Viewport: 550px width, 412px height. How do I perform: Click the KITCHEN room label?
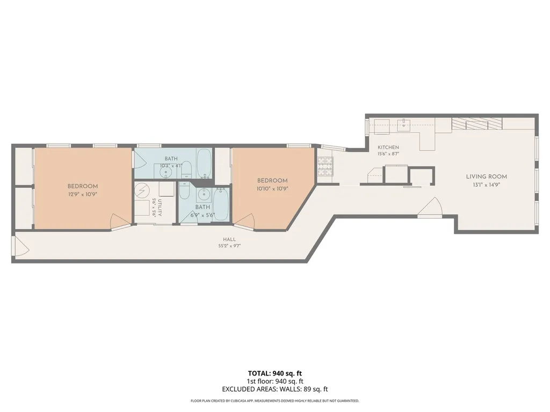tap(388, 148)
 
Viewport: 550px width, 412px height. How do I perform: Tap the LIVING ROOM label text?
tap(487, 176)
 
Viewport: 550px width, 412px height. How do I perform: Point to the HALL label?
tap(229, 240)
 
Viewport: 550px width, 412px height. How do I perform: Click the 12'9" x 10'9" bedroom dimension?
tap(83, 194)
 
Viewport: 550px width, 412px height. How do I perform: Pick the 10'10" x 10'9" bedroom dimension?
tap(272, 188)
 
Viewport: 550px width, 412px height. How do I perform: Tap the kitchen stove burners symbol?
tap(325, 166)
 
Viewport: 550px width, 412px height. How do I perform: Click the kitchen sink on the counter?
tap(404, 124)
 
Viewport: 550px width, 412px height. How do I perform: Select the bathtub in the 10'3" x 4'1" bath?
tap(204, 163)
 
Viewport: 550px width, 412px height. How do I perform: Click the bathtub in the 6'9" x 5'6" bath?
tap(221, 204)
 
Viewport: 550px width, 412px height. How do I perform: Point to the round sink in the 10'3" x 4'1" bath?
tap(165, 172)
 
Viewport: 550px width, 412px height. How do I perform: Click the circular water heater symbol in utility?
tap(142, 190)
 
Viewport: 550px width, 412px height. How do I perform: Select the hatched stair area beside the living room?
tap(477, 124)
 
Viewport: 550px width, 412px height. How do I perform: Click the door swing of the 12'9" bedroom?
tap(120, 222)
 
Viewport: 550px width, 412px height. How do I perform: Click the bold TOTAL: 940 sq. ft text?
tap(274, 373)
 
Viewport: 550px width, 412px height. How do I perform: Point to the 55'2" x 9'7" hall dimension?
tap(229, 246)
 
